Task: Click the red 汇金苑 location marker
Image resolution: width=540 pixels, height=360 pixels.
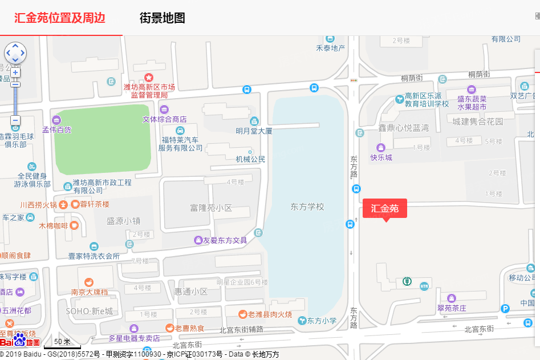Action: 385,208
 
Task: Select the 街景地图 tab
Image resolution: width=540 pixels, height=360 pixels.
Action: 163,18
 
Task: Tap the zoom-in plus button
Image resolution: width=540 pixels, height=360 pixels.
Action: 15,72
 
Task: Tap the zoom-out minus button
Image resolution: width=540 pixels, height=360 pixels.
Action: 15,120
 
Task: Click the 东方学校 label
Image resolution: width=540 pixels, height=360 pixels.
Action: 307,207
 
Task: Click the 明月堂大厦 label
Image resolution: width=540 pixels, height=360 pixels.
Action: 254,131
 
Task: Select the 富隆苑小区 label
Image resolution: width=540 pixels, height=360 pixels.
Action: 211,208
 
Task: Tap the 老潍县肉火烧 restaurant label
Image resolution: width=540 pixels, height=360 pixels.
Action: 266,314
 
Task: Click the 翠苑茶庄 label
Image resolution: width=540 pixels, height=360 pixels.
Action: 452,308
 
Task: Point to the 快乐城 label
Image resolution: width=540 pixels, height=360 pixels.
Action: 381,157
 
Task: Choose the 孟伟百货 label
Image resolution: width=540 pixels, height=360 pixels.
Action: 57,130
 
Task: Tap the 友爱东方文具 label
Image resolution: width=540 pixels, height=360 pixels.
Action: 225,240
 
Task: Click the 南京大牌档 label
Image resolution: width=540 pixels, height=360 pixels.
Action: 89,292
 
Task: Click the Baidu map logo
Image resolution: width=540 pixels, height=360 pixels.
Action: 20,340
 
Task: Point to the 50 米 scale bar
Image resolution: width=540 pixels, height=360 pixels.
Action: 62,342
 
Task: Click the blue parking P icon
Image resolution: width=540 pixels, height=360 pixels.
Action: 505,309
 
